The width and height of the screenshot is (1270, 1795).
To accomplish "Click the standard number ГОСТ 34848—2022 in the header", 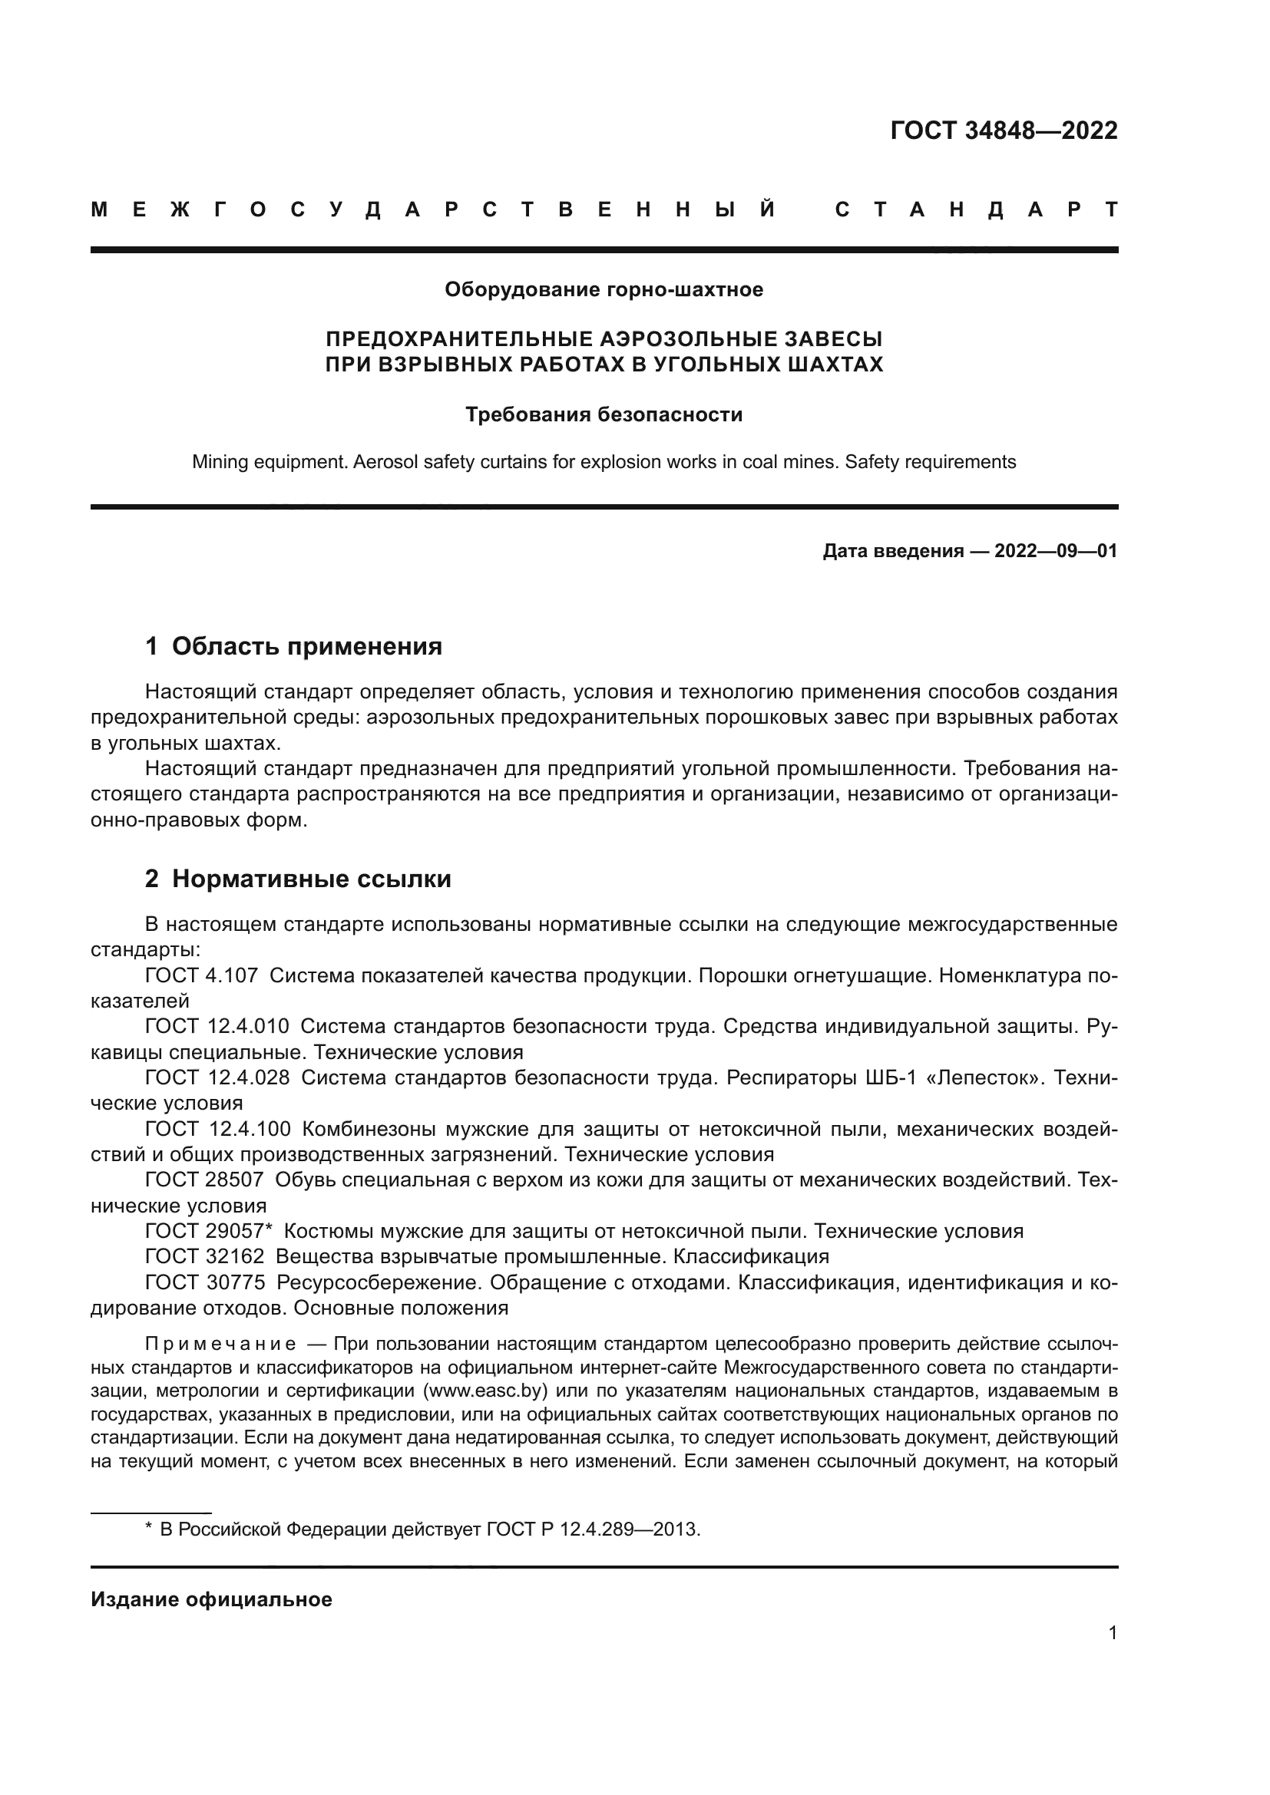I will click(x=1004, y=130).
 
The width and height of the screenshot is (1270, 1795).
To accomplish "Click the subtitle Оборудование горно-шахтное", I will click(x=604, y=290).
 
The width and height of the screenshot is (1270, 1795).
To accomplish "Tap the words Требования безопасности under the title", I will click(x=604, y=414).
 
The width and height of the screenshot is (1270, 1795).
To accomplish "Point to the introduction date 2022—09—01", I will click(x=1056, y=551).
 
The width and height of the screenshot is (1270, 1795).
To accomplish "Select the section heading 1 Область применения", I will click(x=294, y=646).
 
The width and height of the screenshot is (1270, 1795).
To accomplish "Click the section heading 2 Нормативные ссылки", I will click(x=298, y=879).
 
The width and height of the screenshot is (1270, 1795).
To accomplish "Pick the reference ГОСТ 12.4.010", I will click(x=217, y=1027).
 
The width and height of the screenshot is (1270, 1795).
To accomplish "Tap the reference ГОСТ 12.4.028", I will click(x=217, y=1077).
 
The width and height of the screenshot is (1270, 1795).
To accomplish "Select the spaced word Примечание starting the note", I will click(x=220, y=1344).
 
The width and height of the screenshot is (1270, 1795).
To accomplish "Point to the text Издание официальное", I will click(x=211, y=1599).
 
